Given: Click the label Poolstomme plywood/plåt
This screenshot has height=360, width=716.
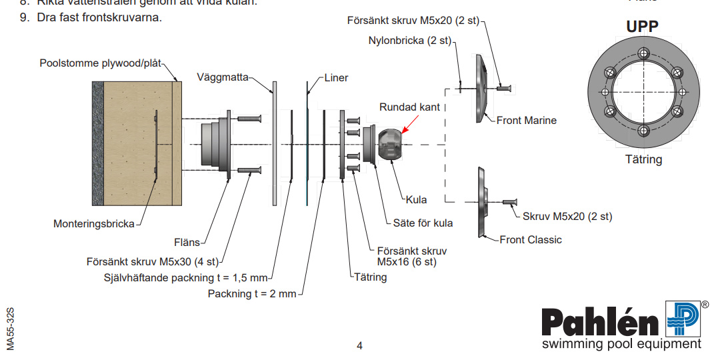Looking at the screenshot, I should [101, 63].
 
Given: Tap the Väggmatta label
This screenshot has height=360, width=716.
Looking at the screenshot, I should [222, 77].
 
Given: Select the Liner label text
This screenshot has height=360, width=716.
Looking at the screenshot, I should [337, 77].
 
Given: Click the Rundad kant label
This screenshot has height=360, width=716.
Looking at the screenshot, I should [409, 107].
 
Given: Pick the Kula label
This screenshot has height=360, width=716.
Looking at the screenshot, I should [416, 199].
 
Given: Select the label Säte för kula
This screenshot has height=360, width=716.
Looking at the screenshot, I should [423, 223].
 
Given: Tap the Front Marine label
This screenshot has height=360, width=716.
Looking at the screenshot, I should [526, 121].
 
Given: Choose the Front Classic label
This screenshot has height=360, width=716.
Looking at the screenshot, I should [531, 239].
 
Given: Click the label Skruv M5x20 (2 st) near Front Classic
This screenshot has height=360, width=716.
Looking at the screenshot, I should [567, 216].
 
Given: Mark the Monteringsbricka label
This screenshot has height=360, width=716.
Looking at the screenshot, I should [93, 224].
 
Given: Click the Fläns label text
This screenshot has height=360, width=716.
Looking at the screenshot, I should [187, 243].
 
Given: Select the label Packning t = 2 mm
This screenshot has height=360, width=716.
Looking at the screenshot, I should [251, 293].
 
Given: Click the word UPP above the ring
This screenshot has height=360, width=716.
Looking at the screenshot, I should [642, 27].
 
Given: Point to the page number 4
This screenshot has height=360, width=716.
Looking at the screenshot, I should [359, 345].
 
